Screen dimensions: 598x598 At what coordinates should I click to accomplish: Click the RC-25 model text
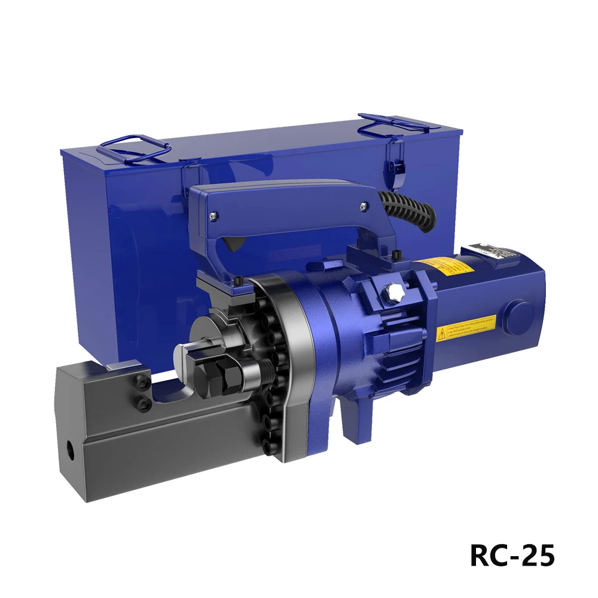pos(512,556)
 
